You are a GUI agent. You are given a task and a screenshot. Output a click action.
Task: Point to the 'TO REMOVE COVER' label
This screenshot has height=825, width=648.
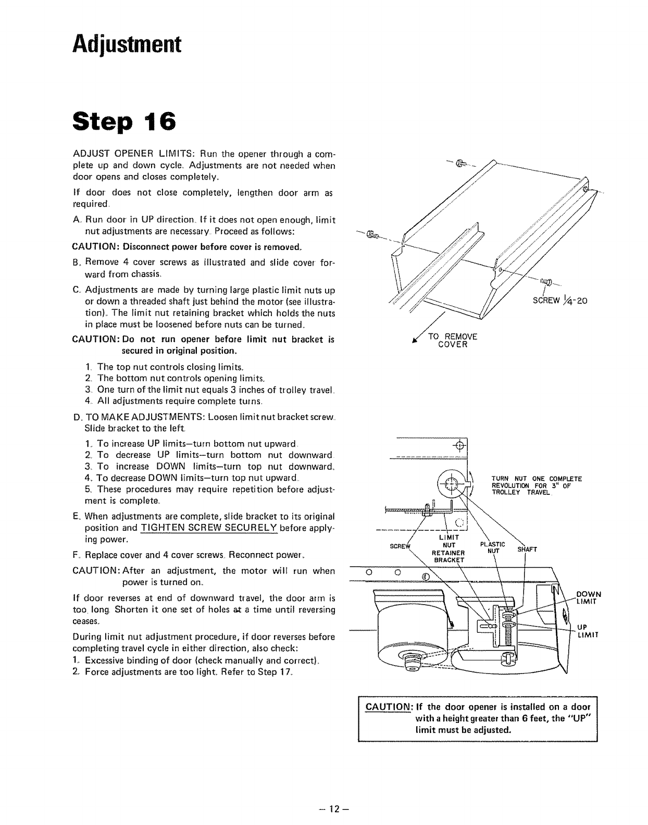[452, 341]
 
